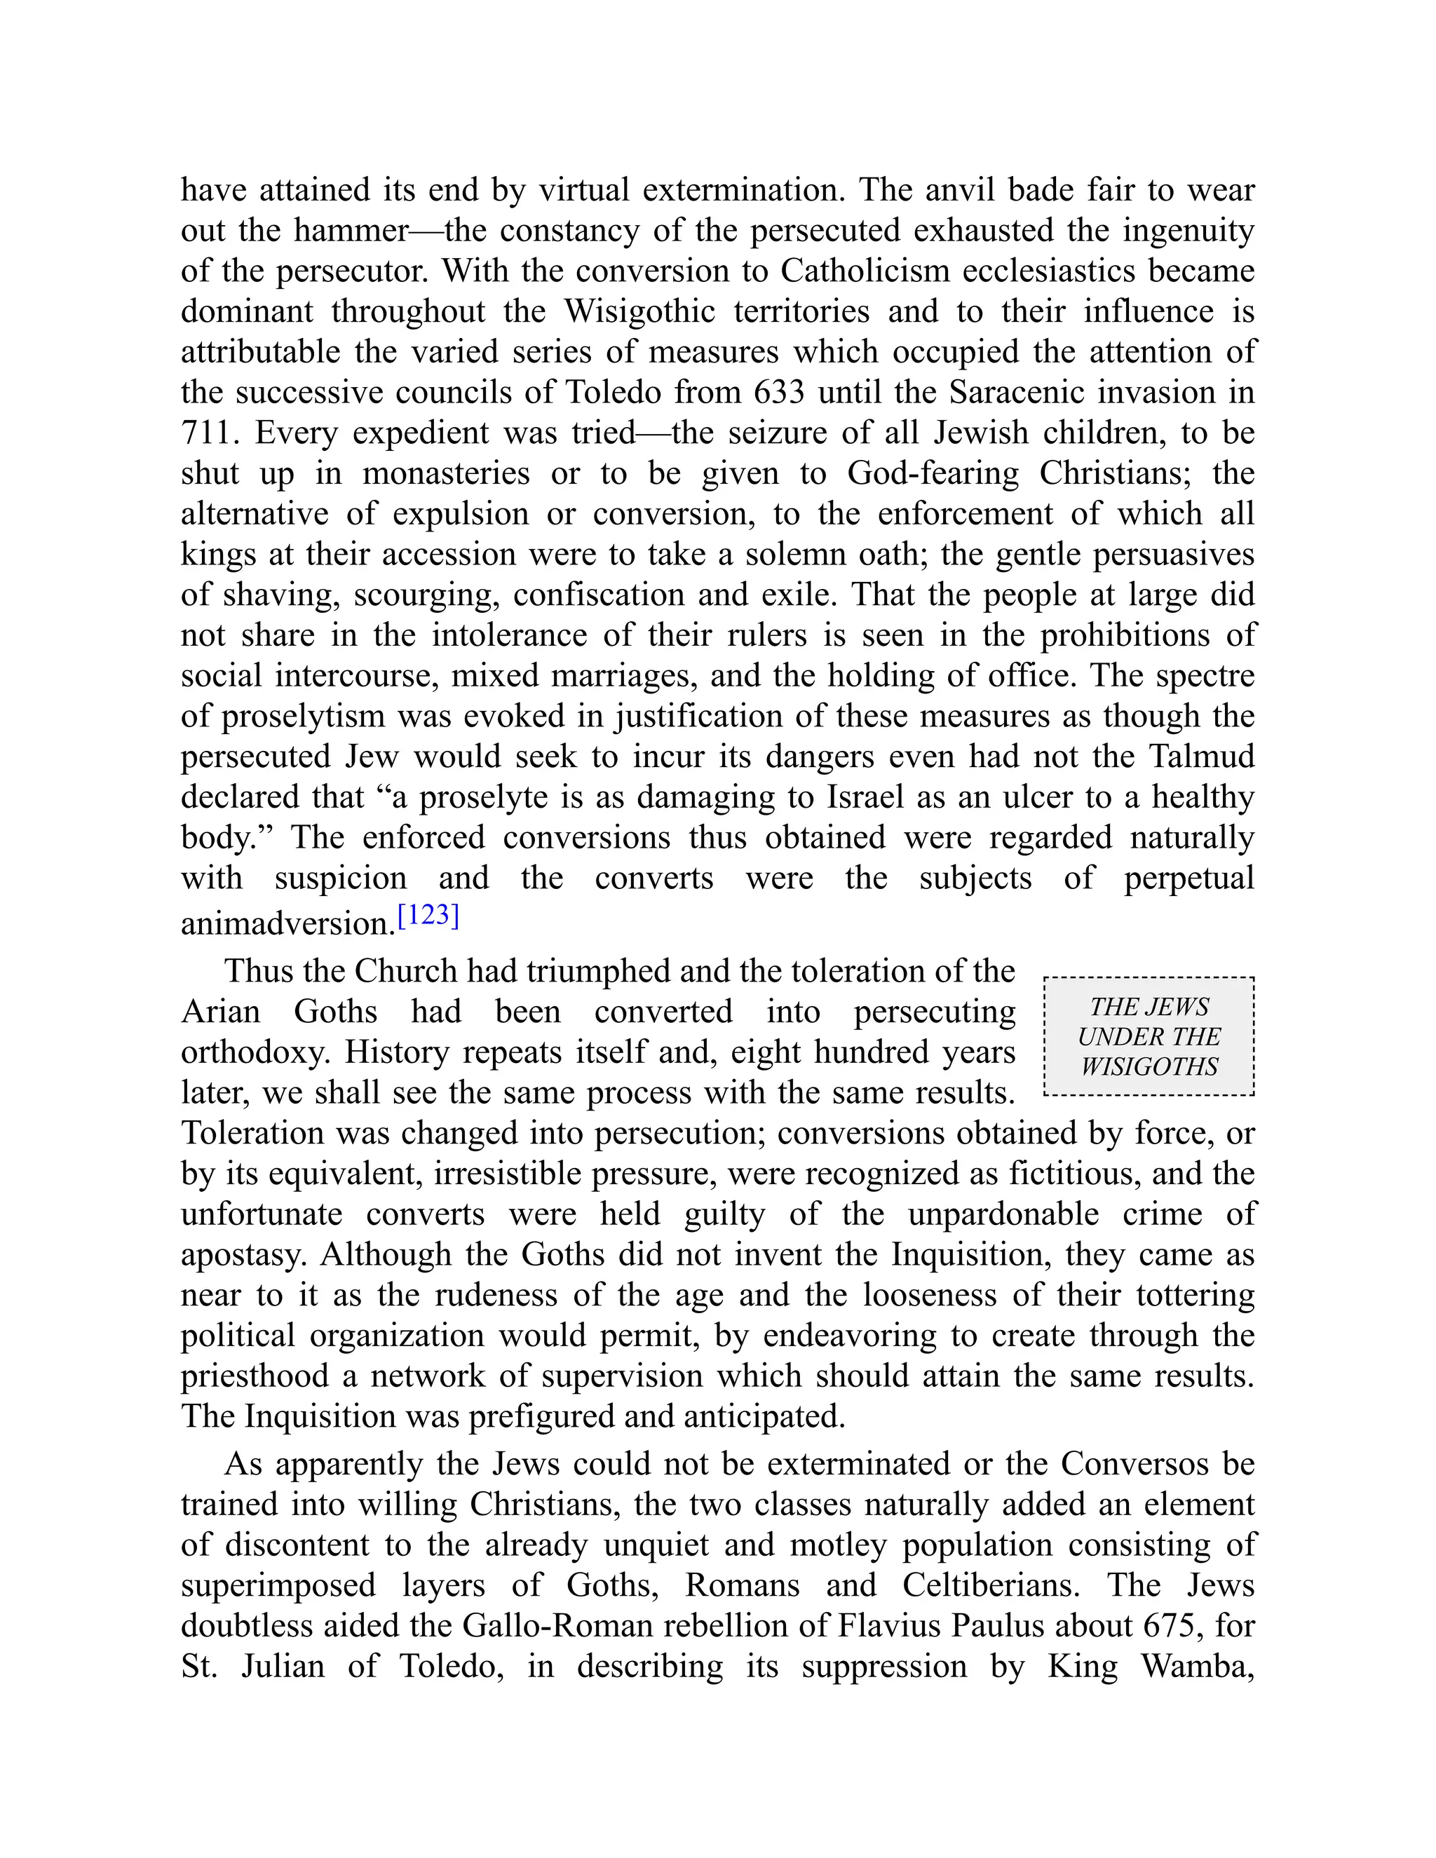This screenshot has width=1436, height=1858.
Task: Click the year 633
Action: coord(777,392)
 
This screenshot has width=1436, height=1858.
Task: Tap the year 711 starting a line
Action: coord(206,433)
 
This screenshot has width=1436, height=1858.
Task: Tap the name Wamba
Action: coord(1196,1667)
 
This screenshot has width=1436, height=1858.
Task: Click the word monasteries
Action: coord(446,473)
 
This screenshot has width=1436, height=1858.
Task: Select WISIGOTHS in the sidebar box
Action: coord(1149,1067)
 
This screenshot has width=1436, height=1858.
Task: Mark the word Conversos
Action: coord(1134,1464)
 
